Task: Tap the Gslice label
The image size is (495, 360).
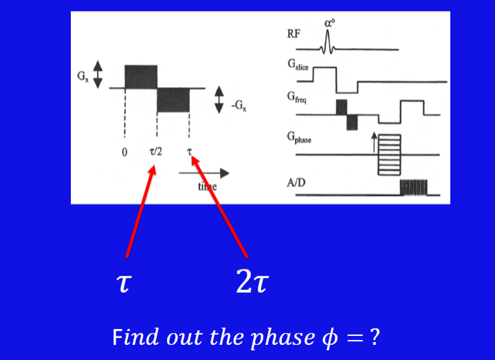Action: coord(300,65)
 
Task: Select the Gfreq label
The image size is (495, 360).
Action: coord(299,97)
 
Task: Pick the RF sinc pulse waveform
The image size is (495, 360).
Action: coord(329,43)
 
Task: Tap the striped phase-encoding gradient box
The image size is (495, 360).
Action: coord(389,155)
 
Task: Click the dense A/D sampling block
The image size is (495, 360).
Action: coord(413,188)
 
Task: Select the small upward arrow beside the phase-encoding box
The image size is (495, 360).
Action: coord(374,143)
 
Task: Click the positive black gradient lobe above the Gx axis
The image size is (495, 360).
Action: coord(141,76)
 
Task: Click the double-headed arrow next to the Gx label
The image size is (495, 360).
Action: coord(98,74)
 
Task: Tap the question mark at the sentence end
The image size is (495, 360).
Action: coord(375,337)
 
